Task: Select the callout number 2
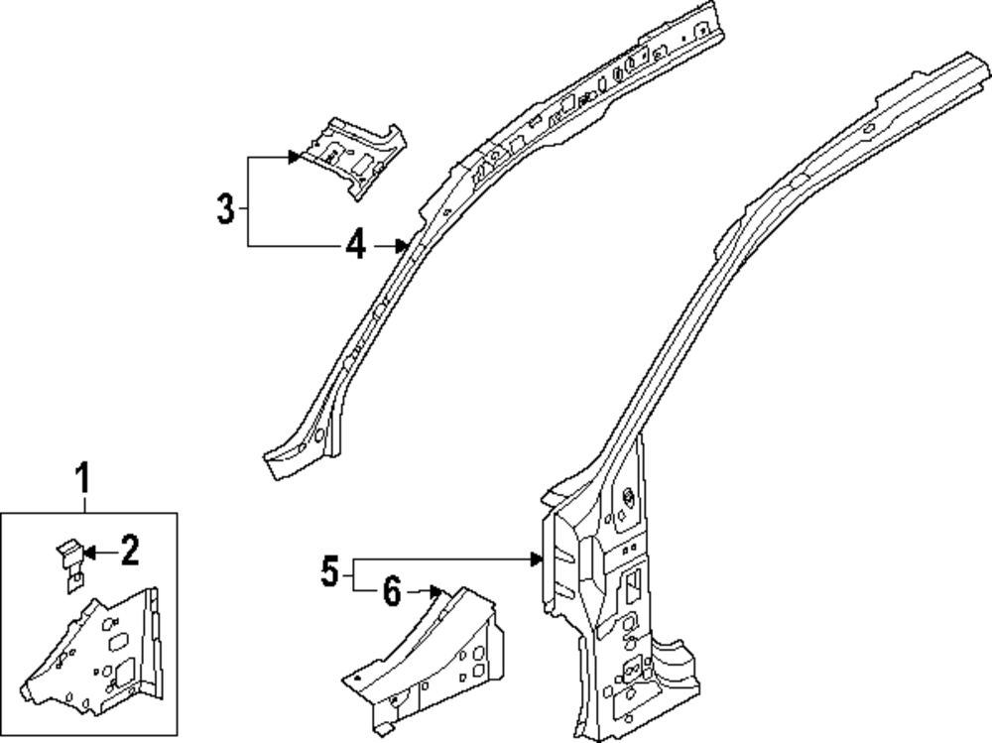(x=130, y=549)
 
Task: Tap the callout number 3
(x=226, y=209)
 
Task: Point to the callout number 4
(x=356, y=243)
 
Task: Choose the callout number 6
(x=391, y=593)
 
